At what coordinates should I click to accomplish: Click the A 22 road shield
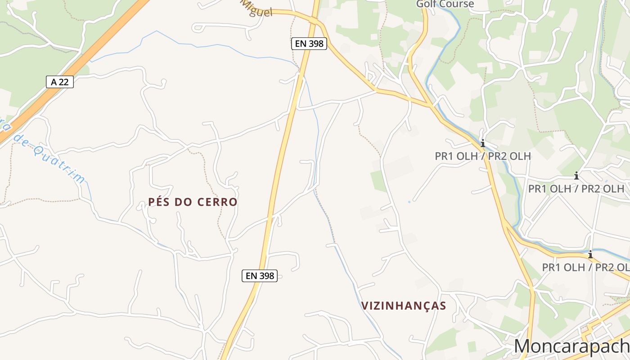[60, 82]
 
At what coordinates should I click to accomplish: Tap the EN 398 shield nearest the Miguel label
[309, 44]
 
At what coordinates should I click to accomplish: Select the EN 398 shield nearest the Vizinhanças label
[260, 276]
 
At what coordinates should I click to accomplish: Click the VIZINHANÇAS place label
[404, 306]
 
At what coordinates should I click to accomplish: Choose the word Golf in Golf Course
[426, 4]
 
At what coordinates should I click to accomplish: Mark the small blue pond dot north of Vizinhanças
[409, 202]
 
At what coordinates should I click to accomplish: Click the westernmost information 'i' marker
[483, 144]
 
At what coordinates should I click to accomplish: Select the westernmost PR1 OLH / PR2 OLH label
[483, 156]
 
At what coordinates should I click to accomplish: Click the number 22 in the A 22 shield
[65, 82]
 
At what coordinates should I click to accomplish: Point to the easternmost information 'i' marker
[590, 255]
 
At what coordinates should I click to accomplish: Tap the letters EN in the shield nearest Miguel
[301, 44]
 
